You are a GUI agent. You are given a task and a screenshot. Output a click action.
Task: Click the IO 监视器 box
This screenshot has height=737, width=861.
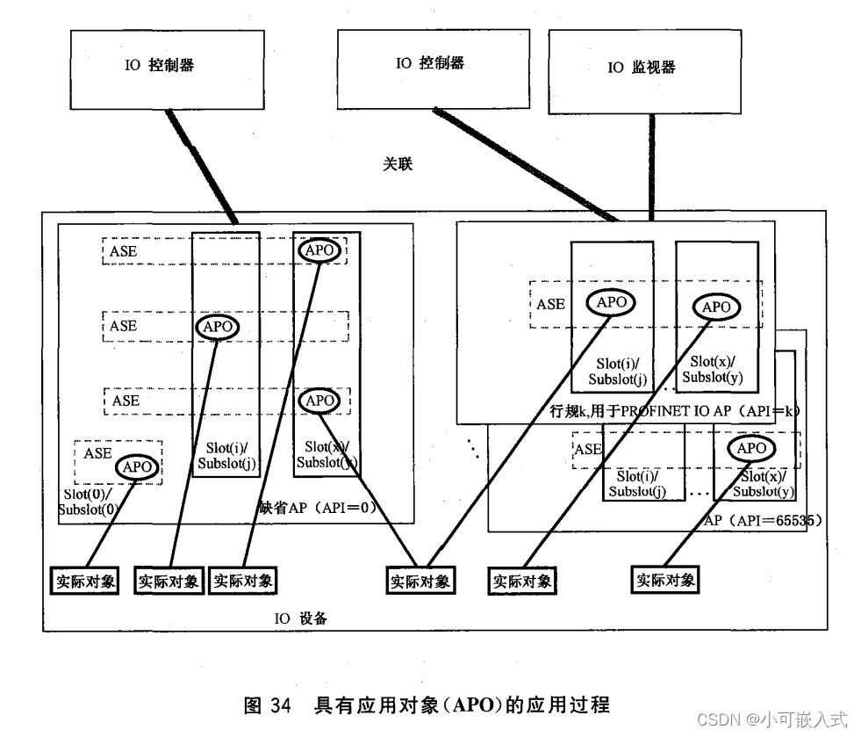pyautogui.click(x=642, y=69)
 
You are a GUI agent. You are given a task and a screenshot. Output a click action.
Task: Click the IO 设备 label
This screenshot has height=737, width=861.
pyautogui.click(x=300, y=618)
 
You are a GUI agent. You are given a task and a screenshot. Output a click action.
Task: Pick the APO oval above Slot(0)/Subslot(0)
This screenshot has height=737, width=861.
pyautogui.click(x=137, y=467)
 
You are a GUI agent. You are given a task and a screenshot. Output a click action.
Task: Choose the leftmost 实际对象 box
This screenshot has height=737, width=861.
pyautogui.click(x=83, y=581)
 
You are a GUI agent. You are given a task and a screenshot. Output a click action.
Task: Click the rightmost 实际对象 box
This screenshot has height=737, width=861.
pyautogui.click(x=666, y=580)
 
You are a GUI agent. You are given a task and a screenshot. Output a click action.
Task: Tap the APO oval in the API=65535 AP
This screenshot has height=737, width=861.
pyautogui.click(x=751, y=448)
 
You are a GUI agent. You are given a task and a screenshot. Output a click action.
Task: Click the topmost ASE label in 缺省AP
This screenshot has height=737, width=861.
pyautogui.click(x=123, y=251)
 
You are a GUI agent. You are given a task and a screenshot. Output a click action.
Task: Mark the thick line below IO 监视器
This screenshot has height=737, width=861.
pyautogui.click(x=650, y=172)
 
